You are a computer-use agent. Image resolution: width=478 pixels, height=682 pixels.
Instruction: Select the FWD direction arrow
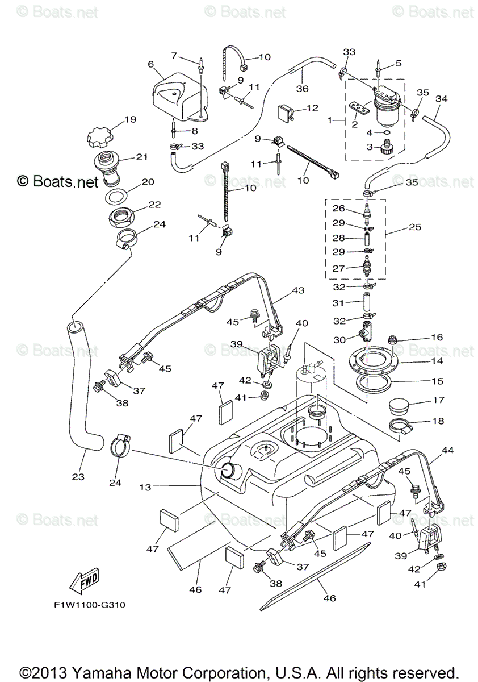tap(83, 581)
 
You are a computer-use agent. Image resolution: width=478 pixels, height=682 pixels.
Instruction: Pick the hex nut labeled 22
tap(121, 217)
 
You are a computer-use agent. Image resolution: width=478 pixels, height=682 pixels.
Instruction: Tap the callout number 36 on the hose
tap(302, 88)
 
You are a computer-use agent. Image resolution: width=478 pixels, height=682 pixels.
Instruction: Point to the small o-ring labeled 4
tap(387, 132)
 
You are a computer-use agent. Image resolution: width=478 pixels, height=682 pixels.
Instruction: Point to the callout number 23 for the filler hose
tap(78, 477)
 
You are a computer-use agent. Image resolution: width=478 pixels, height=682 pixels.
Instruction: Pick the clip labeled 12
tap(285, 113)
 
